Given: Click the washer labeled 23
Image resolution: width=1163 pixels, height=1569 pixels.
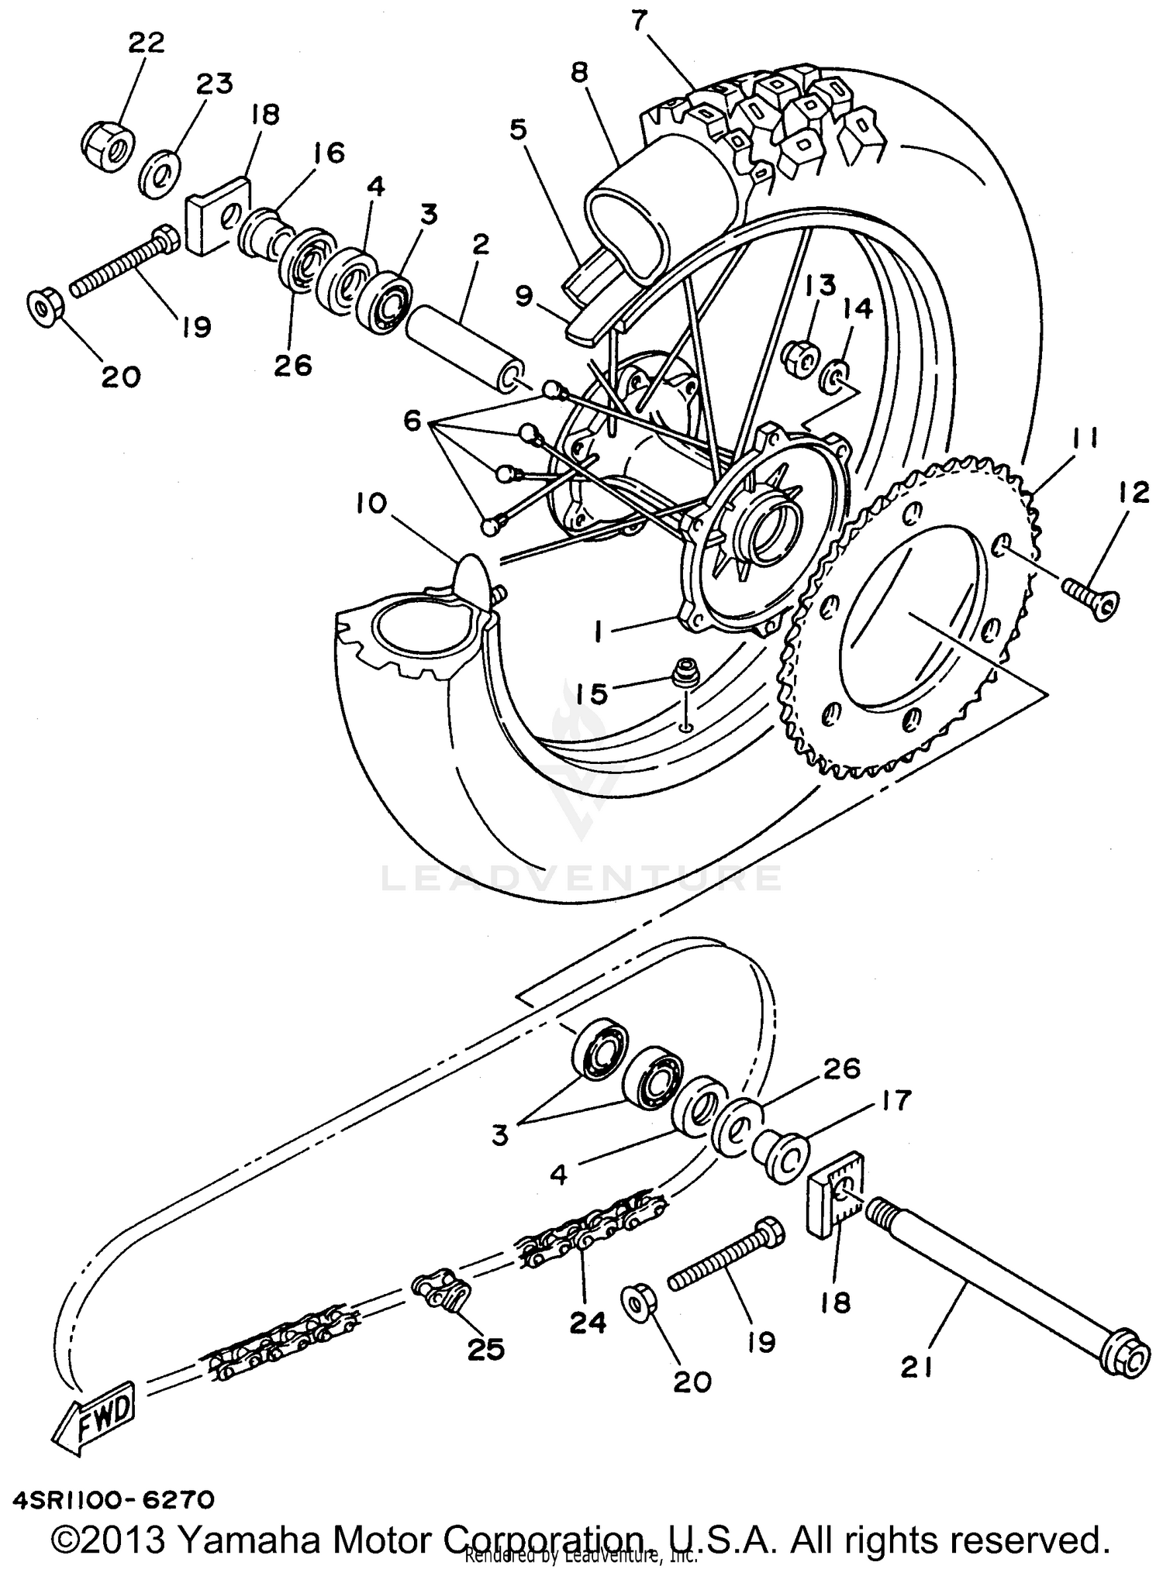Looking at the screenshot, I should [160, 177].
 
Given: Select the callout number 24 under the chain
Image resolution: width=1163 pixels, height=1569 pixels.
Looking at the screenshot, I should [587, 1323].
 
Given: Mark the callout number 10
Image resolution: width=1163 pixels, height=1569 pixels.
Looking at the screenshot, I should [371, 504].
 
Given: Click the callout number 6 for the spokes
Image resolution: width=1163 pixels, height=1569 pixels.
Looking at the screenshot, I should [412, 422].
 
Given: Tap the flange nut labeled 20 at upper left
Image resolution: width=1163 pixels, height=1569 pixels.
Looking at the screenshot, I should [44, 308].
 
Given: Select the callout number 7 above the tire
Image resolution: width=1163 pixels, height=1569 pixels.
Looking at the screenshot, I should [638, 21].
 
